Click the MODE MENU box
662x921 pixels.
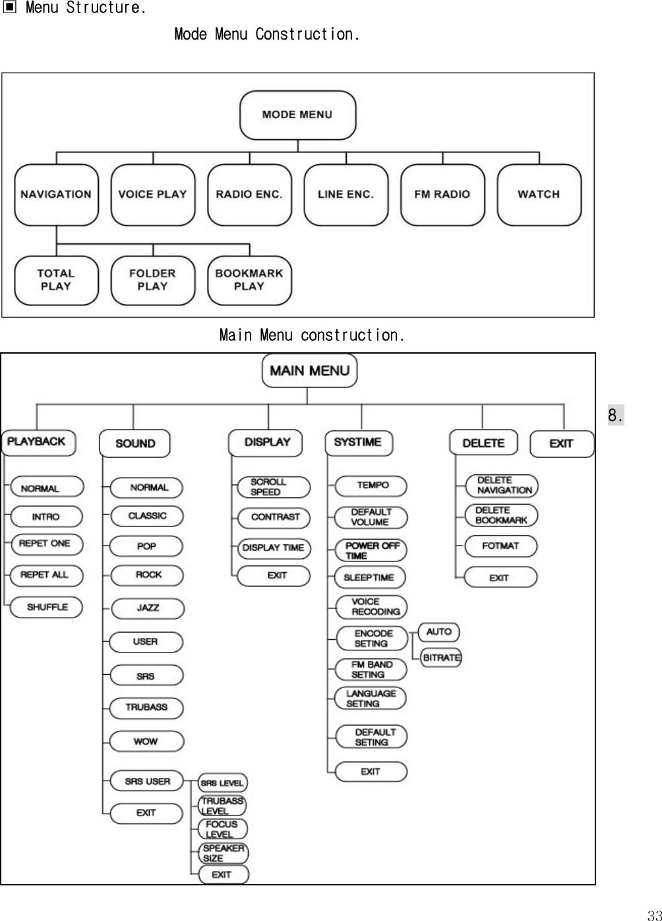(x=297, y=115)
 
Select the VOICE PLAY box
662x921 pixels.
(x=152, y=195)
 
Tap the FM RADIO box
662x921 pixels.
(x=442, y=195)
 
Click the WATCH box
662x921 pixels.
(x=539, y=195)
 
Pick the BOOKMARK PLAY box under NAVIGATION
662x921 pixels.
(x=249, y=280)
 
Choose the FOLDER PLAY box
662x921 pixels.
(x=152, y=280)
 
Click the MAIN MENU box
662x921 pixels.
(x=309, y=371)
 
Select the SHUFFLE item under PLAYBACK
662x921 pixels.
(x=47, y=607)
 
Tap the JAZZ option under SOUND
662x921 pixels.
(x=147, y=608)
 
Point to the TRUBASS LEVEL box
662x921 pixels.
(x=222, y=806)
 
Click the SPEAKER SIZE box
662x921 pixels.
(x=223, y=853)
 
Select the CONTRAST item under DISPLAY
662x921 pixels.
(x=274, y=517)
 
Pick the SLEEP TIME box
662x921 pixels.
(x=369, y=577)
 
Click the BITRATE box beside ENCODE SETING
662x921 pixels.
(x=441, y=658)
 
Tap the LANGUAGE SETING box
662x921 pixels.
(x=370, y=698)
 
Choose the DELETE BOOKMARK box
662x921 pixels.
(x=501, y=515)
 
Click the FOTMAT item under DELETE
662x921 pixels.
(x=500, y=546)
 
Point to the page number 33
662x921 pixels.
(x=653, y=914)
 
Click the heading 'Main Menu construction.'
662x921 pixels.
(x=312, y=335)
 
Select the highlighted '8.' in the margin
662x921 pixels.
(x=615, y=416)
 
